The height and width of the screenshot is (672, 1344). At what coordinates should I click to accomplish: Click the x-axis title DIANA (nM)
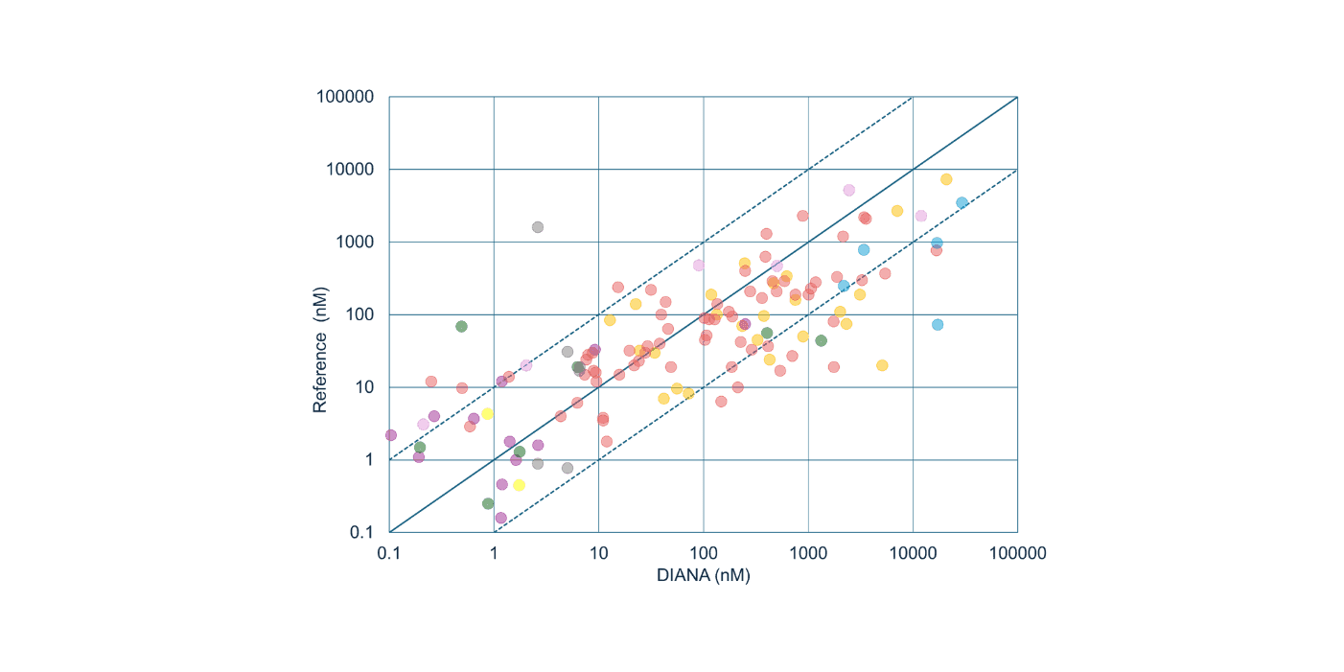point(703,575)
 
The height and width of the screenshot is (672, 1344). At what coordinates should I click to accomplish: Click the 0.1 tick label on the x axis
point(389,553)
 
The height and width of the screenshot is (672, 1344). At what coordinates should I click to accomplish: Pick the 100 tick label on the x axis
point(703,553)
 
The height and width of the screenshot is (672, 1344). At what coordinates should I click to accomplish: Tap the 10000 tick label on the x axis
point(913,553)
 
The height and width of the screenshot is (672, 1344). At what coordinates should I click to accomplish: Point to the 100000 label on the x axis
point(1018,553)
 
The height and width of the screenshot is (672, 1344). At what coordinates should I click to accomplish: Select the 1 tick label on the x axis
point(494,553)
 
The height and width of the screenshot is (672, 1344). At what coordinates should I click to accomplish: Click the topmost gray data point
point(538,227)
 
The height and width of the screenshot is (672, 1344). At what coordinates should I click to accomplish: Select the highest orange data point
point(946,179)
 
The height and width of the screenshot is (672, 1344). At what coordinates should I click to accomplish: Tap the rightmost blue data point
point(962,202)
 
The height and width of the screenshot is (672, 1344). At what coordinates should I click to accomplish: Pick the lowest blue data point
point(938,324)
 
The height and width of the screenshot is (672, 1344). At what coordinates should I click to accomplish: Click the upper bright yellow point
point(487,413)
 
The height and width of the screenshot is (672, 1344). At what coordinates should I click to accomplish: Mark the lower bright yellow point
point(519,485)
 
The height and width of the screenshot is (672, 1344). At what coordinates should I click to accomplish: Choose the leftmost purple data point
point(390,434)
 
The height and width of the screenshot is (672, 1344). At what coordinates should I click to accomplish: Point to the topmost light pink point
point(848,190)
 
